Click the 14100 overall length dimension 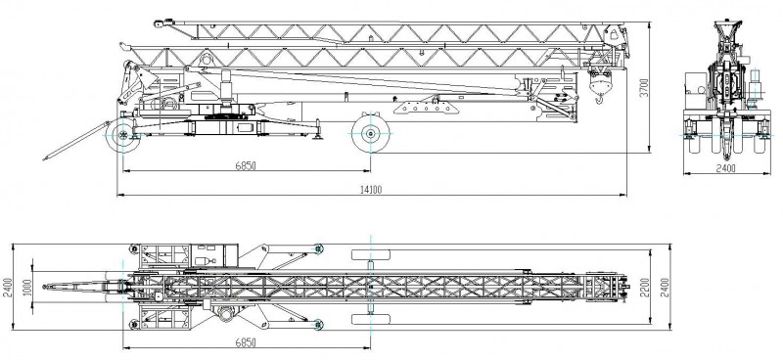click(371, 189)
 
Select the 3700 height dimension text click(644, 87)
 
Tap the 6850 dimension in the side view click(246, 165)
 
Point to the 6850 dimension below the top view click(246, 342)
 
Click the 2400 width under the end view click(725, 168)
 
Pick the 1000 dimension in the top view click(27, 287)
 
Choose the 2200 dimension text click(645, 287)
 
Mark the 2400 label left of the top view click(7, 287)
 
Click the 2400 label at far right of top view click(665, 287)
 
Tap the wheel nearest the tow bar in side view click(123, 135)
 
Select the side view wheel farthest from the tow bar click(371, 134)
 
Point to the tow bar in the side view click(76, 141)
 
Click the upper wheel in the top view click(371, 254)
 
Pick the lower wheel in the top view click(371, 319)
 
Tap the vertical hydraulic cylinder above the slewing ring click(226, 86)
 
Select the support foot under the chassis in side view click(316, 131)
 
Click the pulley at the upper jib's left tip click(159, 23)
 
